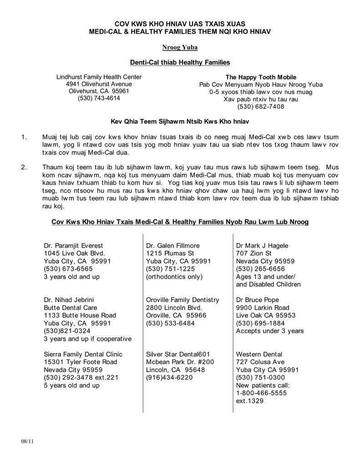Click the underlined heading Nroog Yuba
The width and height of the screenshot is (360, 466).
coord(180,47)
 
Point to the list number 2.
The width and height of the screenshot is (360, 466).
coord(25,167)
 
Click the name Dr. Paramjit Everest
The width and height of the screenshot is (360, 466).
coord(73,246)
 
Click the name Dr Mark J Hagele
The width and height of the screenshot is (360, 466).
coord(262,246)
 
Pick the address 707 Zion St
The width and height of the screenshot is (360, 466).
coord(254,253)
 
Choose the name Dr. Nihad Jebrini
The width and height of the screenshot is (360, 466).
coord(69,300)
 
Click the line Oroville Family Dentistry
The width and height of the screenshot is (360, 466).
coord(183,300)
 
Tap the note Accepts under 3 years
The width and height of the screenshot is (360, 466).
coord(270,331)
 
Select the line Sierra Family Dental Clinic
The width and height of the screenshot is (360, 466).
coord(83,354)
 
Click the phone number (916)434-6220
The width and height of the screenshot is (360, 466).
coord(169,377)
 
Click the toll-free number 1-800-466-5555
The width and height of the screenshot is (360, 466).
coord(261,393)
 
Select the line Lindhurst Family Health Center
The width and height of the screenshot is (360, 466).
coord(99,77)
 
